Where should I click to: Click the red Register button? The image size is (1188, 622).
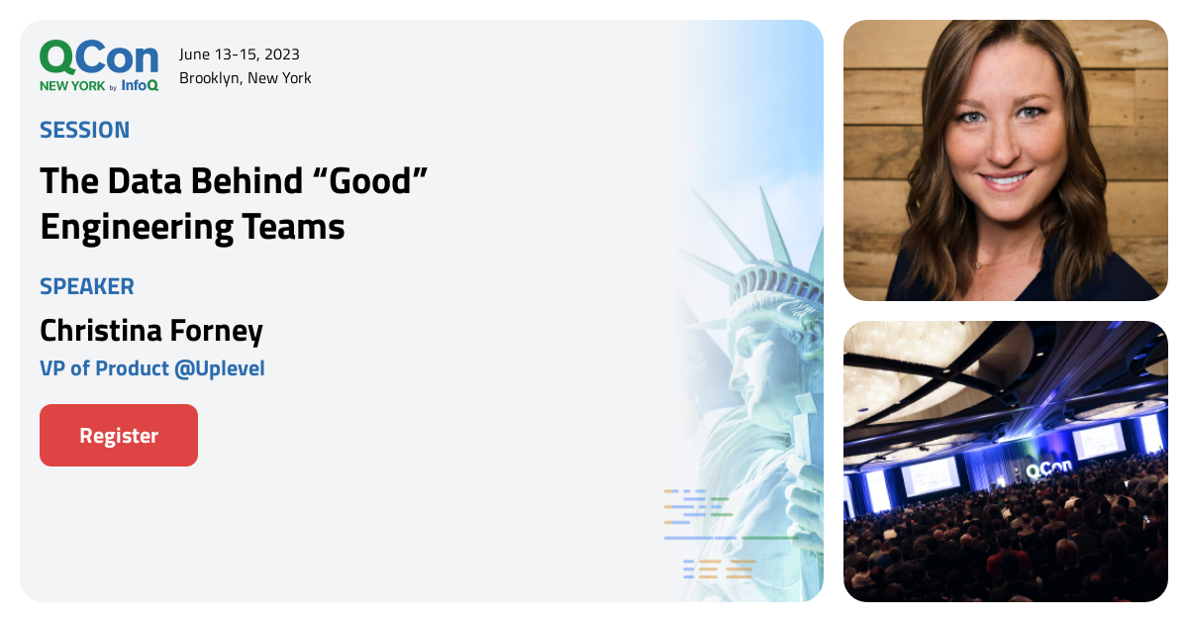pos(119,436)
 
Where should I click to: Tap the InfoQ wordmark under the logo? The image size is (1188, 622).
pos(140,85)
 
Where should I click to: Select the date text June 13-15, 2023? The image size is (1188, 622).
pos(240,53)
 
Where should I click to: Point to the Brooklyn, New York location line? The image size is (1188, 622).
pos(246,77)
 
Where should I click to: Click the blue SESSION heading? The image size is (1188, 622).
pos(84,130)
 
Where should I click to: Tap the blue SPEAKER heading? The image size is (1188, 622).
pos(87,286)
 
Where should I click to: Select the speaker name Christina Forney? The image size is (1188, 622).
pos(151,330)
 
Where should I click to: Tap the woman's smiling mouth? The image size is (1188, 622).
pos(1006,181)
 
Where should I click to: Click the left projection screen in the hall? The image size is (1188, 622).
pos(930,475)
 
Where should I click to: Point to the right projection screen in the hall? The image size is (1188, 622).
pos(1099,440)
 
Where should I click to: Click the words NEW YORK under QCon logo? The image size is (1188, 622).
pos(72,86)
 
